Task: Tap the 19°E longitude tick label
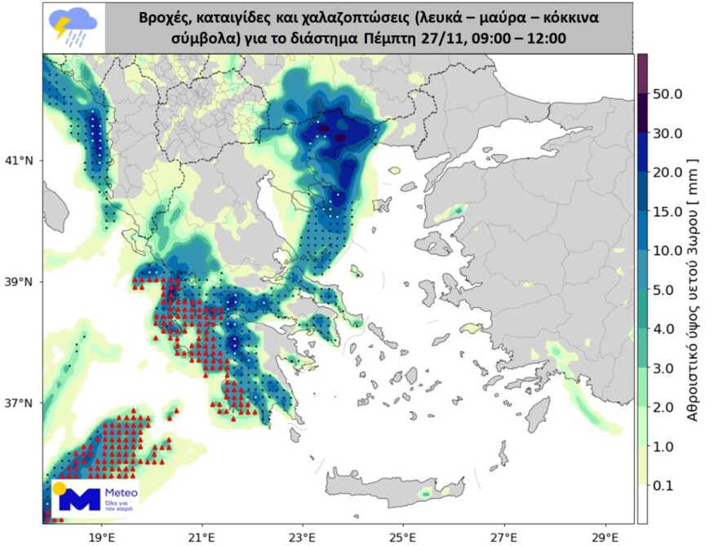click(101, 537)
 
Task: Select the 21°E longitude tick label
click(202, 537)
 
